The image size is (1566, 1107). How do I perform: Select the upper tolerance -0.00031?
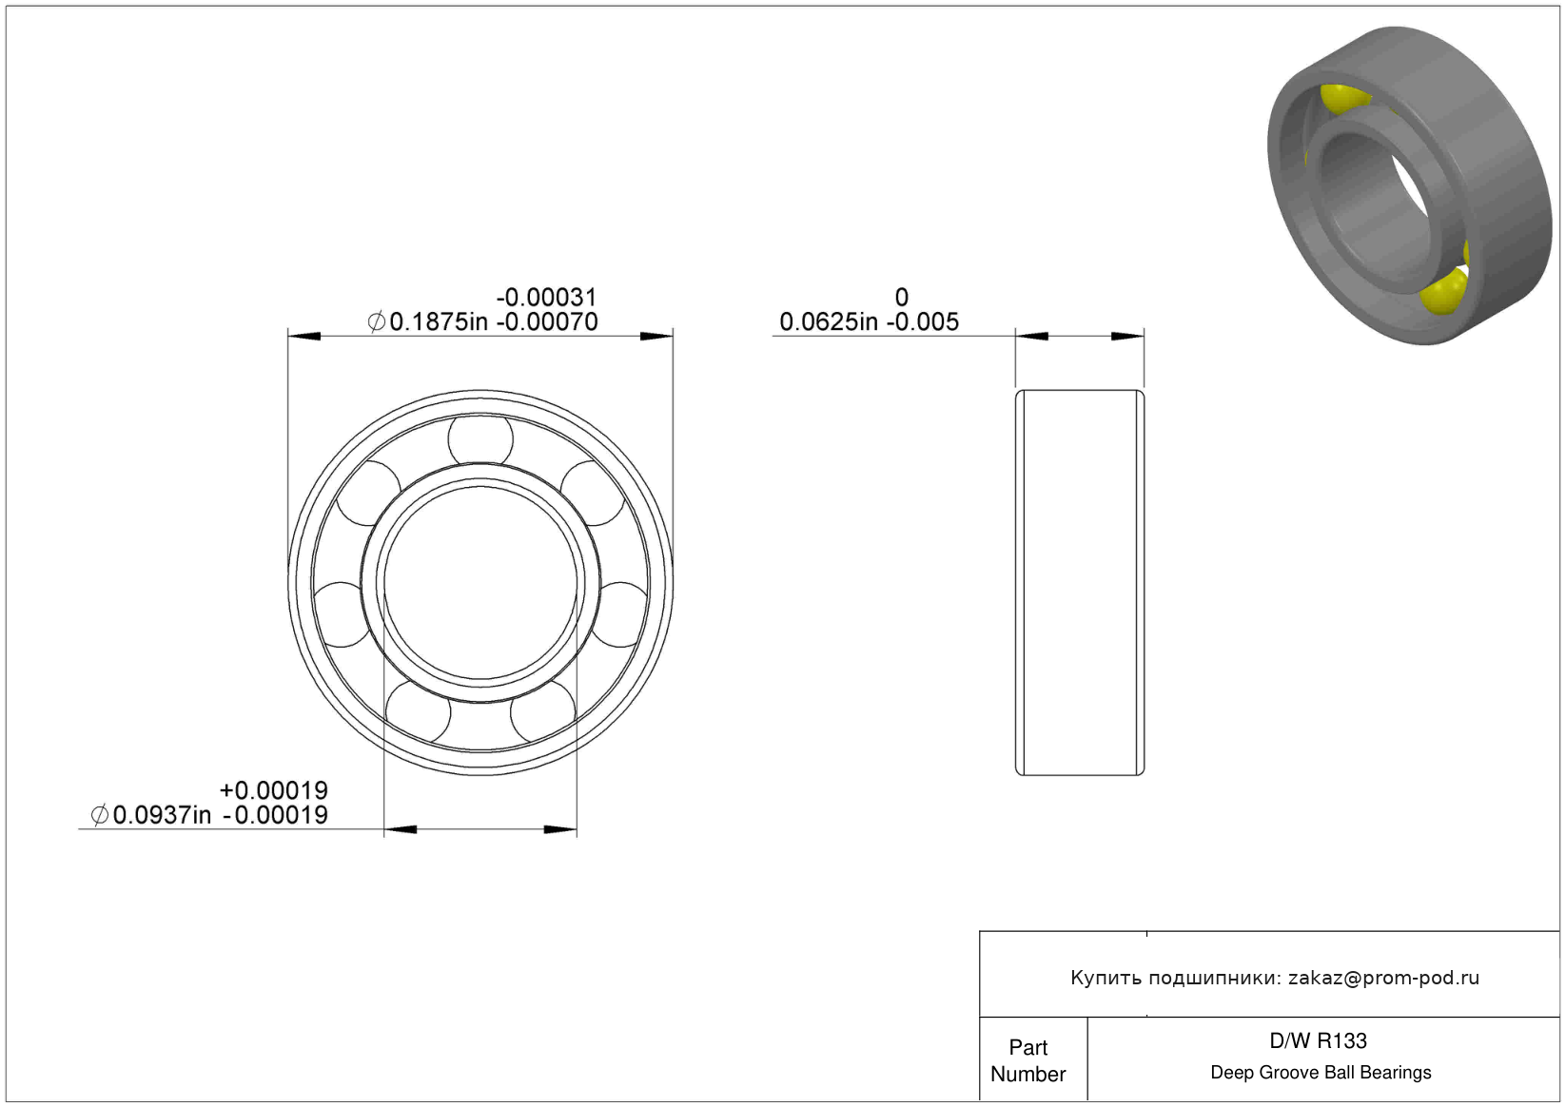(547, 298)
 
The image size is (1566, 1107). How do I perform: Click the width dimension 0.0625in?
(829, 322)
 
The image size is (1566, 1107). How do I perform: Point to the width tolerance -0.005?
(923, 322)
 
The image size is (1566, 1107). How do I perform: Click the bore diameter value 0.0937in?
(162, 815)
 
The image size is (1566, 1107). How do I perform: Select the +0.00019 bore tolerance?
(273, 790)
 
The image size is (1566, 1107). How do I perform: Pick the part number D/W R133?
(1318, 1040)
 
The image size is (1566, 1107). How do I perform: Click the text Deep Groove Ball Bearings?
(1321, 1072)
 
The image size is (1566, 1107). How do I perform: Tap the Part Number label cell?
(1028, 1060)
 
